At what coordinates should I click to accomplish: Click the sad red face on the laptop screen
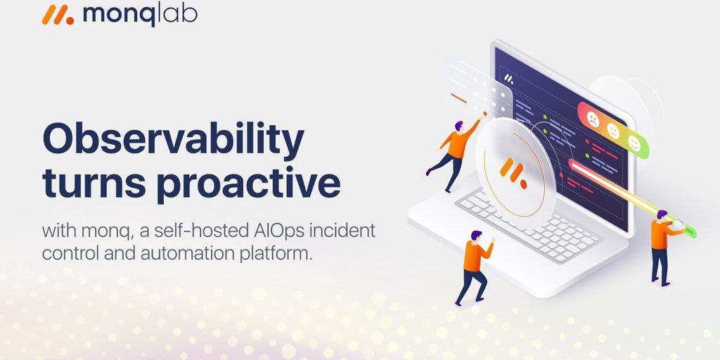pos(593,120)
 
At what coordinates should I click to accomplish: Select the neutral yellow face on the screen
pos(613,131)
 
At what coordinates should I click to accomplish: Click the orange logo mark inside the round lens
pos(513,171)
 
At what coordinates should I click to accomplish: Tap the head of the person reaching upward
pos(458,125)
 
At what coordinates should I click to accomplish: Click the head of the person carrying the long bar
pos(661,215)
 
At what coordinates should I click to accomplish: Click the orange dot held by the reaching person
pos(485,113)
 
